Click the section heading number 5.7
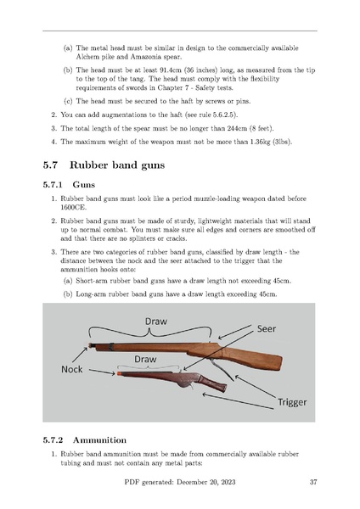click(50, 165)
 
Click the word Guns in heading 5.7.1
click(84, 185)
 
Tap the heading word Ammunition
click(99, 440)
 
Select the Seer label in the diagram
click(267, 329)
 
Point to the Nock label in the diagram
click(72, 369)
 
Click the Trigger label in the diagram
click(292, 402)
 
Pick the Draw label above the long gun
click(156, 322)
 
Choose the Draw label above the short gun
click(145, 360)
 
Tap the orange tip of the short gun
click(119, 373)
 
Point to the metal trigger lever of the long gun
click(222, 369)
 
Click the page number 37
click(313, 482)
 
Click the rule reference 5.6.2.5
click(224, 115)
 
